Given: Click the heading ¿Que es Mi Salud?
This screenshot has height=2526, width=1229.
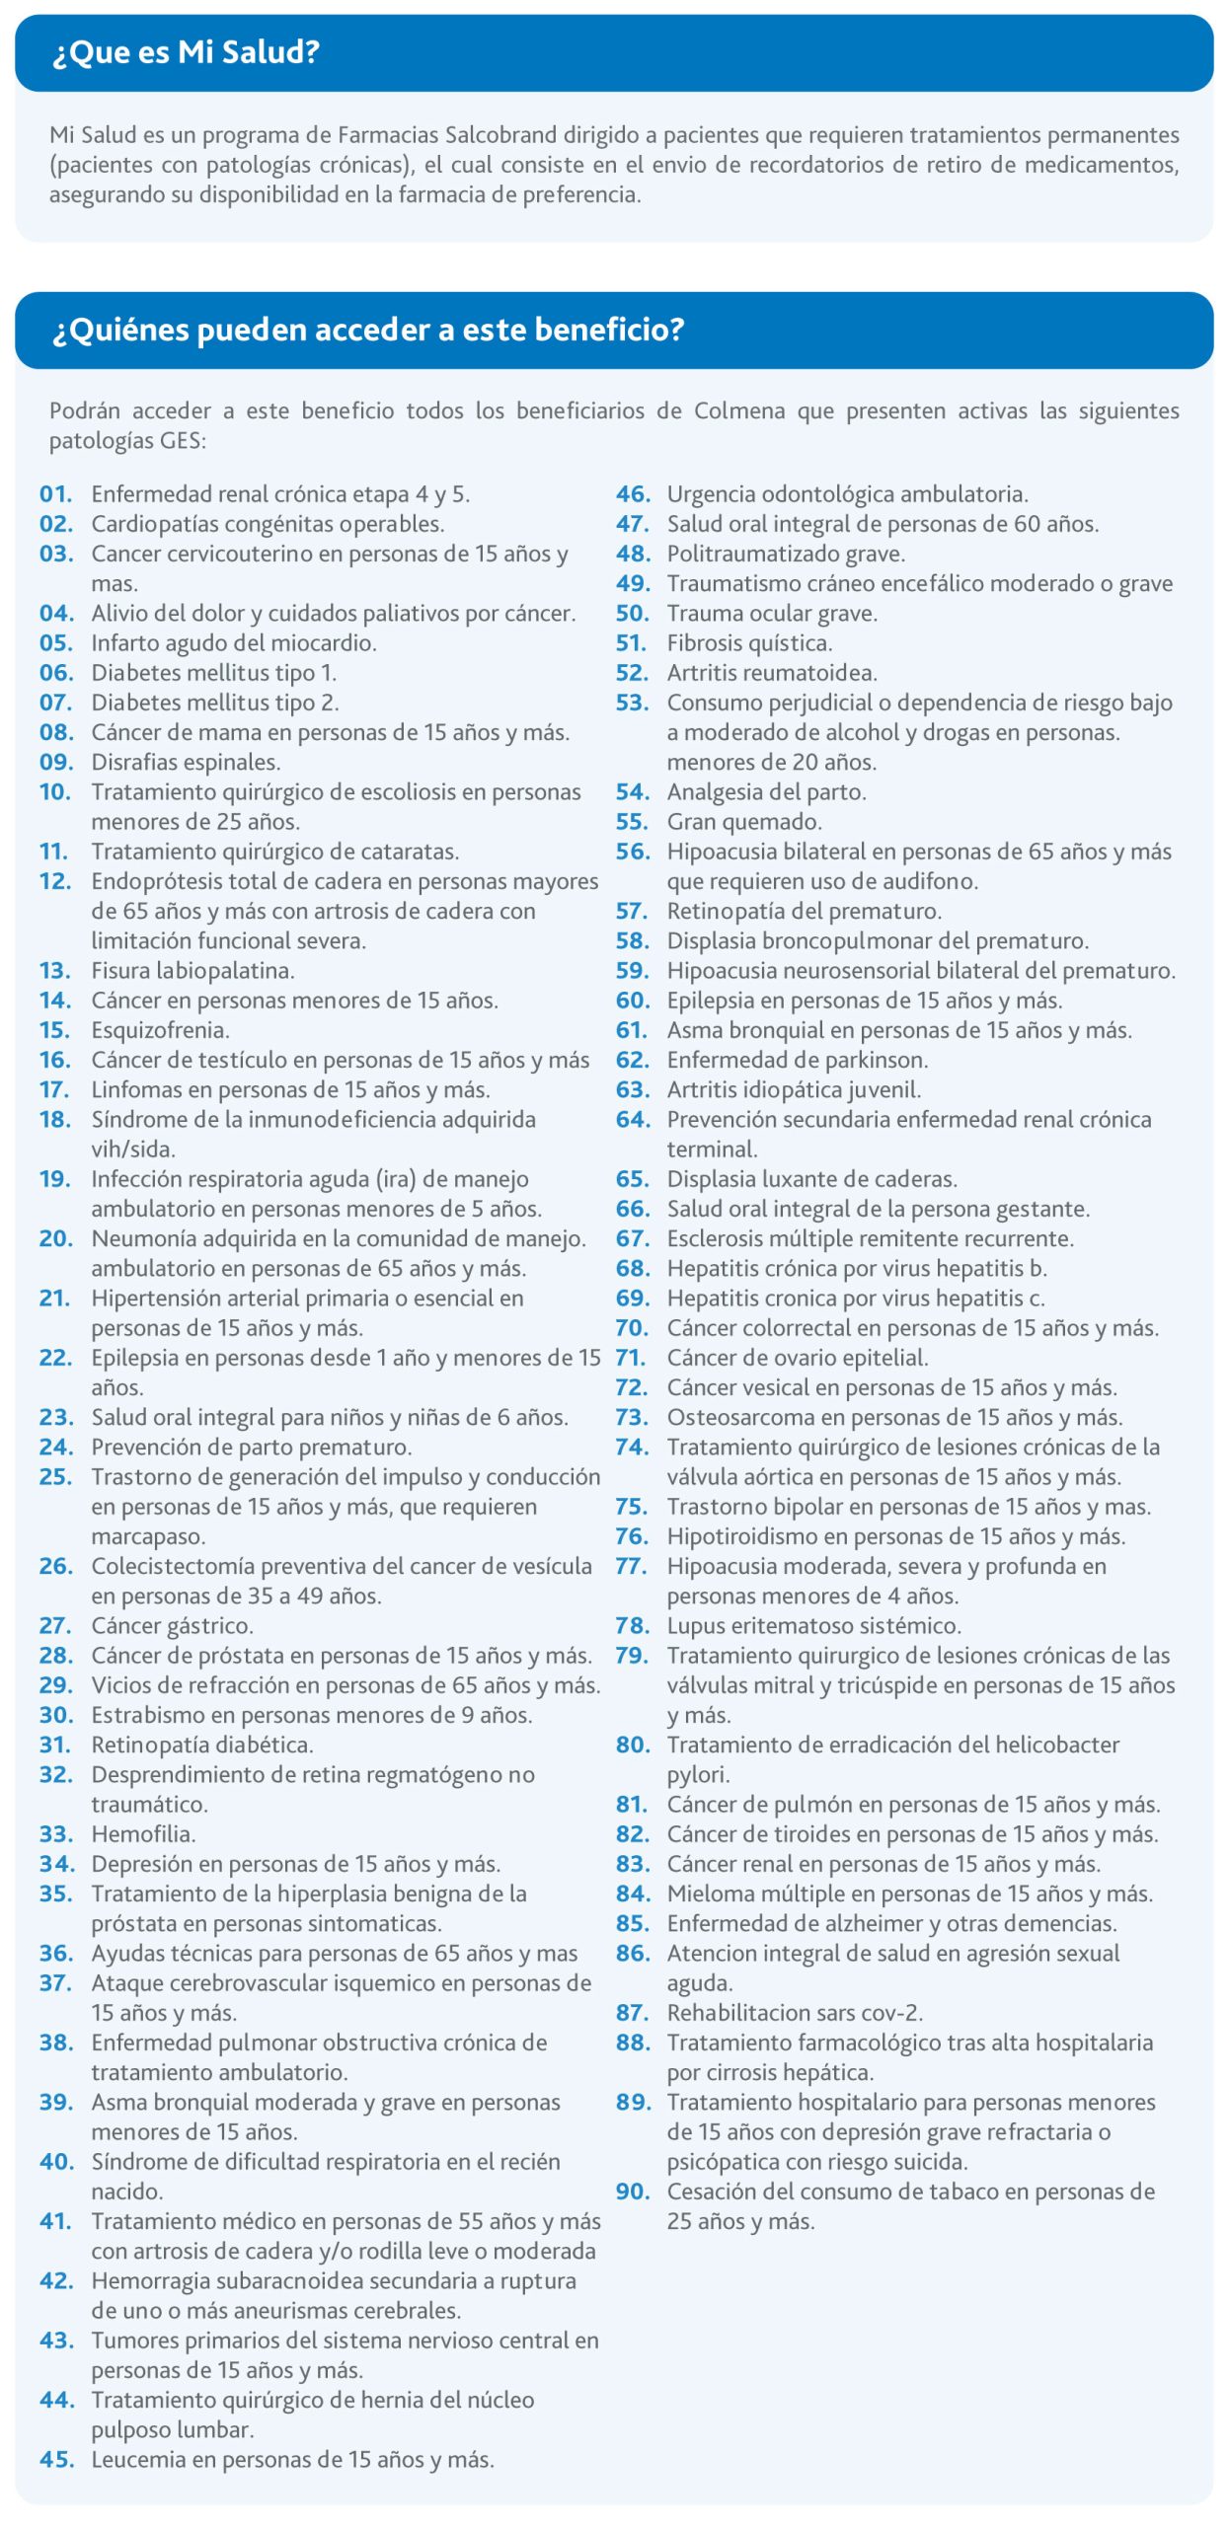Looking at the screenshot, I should click(186, 52).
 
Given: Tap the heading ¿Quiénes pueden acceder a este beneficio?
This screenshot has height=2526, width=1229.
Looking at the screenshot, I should click(367, 330).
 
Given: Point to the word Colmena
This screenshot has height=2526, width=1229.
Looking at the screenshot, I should click(738, 410).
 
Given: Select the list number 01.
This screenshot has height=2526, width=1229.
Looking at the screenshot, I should click(56, 494).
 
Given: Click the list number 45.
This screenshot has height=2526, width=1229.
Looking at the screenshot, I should click(56, 2460).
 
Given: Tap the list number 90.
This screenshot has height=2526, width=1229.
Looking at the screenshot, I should click(633, 2192).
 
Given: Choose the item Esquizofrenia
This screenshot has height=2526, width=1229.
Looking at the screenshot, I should click(160, 1030).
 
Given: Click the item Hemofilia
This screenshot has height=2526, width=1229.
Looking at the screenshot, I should click(143, 1834).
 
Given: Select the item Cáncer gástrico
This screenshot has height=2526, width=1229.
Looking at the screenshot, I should click(172, 1626).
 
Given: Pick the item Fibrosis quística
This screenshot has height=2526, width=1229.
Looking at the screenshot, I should click(749, 643).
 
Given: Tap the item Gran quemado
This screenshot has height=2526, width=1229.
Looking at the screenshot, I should click(744, 822).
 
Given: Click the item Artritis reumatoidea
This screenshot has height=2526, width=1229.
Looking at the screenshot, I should click(772, 673).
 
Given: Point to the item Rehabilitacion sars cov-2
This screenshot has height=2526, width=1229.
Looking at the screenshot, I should click(795, 2013).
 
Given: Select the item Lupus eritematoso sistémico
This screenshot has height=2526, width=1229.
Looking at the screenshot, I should click(813, 1626).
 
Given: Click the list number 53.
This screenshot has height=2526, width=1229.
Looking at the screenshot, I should click(632, 703).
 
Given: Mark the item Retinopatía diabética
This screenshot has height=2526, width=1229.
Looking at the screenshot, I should click(202, 1746).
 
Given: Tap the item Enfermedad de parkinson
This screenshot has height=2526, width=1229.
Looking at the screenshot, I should click(798, 1060).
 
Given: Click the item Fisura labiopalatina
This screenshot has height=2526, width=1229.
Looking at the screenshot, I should click(192, 971).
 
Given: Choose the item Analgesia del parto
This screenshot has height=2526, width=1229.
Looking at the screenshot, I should click(766, 792).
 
